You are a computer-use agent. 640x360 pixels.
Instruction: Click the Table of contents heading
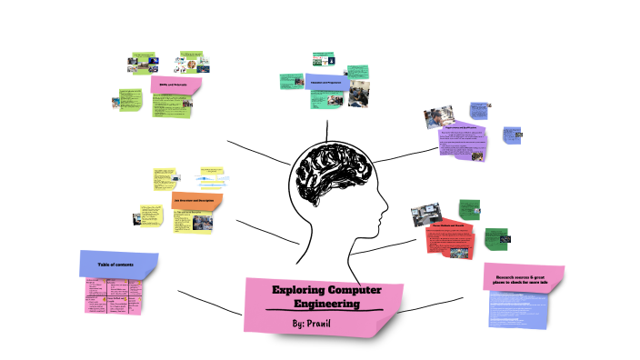116,265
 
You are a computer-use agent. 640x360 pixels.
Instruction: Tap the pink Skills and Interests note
174,85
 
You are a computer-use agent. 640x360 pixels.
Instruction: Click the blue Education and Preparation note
325,83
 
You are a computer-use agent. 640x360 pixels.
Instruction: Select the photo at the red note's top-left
425,215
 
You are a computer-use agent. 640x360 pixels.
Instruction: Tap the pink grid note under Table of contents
115,295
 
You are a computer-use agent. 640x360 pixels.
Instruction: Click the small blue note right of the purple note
513,137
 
